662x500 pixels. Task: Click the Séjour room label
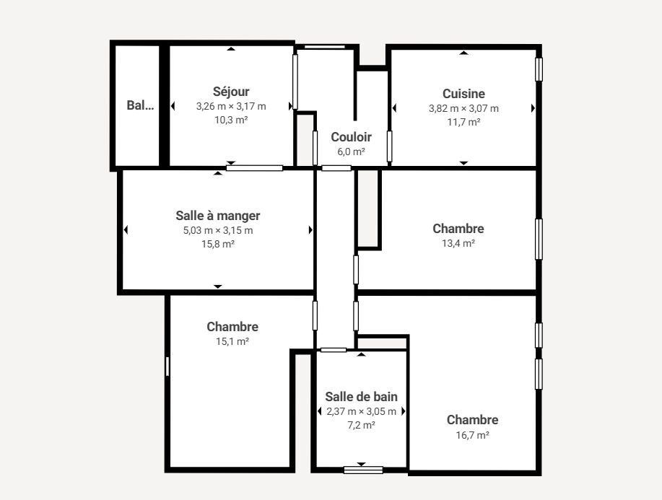point(231,92)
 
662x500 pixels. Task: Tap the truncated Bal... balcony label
point(140,105)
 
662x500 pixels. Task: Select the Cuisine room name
point(463,94)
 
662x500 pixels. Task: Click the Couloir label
point(352,137)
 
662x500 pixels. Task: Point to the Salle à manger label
point(218,216)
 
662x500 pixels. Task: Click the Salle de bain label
point(362,397)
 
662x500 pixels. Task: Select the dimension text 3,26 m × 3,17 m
point(231,106)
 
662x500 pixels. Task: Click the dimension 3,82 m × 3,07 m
point(463,108)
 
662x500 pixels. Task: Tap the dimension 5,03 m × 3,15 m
point(218,230)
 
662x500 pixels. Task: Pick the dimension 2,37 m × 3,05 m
point(362,411)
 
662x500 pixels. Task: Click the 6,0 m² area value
point(352,152)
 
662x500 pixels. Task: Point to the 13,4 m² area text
point(458,243)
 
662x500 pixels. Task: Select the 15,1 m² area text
point(232,341)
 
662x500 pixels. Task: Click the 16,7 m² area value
point(472,435)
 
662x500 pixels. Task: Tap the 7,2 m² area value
point(362,425)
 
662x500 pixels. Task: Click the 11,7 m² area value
point(463,122)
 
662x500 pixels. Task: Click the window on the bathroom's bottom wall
point(363,470)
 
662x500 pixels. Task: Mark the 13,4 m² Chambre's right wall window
point(539,240)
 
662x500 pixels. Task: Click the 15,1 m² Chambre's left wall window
point(167,367)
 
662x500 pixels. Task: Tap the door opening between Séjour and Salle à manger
point(254,168)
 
